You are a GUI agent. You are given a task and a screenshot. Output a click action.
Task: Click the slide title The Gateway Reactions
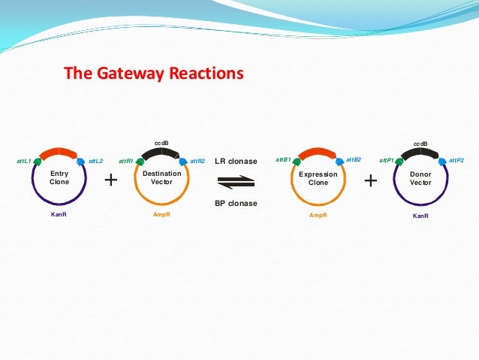(154, 74)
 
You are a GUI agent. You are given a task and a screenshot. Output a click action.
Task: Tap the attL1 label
(24, 161)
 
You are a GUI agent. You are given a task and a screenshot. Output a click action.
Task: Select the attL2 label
(95, 161)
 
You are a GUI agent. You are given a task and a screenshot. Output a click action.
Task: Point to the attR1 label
(125, 161)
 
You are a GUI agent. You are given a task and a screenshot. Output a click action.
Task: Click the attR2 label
(197, 161)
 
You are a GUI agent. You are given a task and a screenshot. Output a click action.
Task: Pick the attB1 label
(283, 159)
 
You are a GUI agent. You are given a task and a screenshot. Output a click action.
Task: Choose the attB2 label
(354, 159)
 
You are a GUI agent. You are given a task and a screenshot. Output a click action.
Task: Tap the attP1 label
(387, 160)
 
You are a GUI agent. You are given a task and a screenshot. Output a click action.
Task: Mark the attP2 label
(456, 160)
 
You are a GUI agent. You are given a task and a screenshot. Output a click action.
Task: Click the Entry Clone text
(59, 177)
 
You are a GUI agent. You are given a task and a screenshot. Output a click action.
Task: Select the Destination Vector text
(161, 177)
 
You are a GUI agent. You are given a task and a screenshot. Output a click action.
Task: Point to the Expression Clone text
(318, 178)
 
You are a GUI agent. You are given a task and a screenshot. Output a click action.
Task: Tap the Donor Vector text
(420, 178)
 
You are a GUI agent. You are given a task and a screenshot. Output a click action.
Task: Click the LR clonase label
(236, 161)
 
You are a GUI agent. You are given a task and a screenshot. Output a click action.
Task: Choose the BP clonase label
(236, 203)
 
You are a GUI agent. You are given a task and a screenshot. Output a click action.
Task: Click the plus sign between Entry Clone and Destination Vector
(111, 180)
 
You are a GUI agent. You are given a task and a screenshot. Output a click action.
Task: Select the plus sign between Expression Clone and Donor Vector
(370, 181)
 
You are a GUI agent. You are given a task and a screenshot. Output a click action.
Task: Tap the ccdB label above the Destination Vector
(161, 142)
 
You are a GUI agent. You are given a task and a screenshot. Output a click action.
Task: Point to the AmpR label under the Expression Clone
(318, 215)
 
